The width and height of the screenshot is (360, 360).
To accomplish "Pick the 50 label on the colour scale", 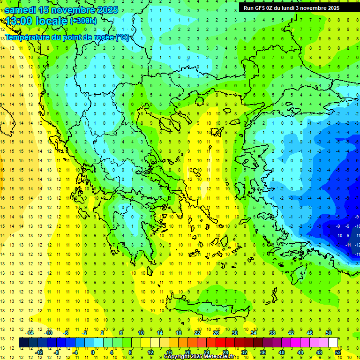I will (329, 332).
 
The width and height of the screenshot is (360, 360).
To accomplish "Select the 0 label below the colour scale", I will (93, 352).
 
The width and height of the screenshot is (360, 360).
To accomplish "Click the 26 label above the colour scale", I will (216, 332).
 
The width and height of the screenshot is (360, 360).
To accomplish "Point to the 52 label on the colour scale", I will (338, 352).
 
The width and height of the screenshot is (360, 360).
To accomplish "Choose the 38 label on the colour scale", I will (272, 332).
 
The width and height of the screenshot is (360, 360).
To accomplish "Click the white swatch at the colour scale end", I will (333, 343).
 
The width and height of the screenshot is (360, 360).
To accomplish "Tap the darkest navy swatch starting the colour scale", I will (23, 343).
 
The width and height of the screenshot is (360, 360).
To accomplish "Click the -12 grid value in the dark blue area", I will (357, 245).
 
